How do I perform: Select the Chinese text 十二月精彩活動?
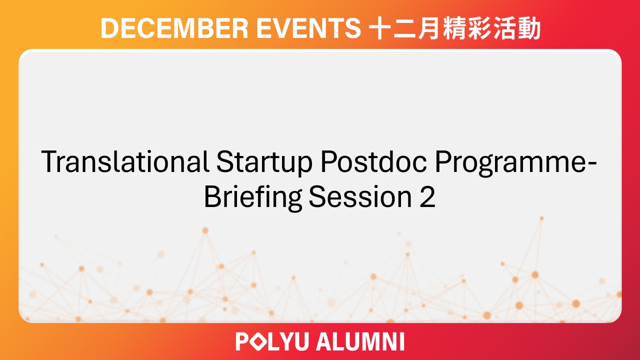tap(454, 29)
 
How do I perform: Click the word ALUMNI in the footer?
tap(360, 342)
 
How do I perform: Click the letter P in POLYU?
tap(242, 342)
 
